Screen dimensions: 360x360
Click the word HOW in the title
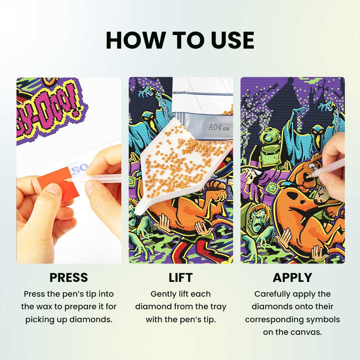(135, 40)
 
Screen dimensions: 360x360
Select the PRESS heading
(69, 278)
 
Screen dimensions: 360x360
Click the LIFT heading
(180, 278)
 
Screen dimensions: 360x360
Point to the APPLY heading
(292, 278)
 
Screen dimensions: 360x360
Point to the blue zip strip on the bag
(202, 94)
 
